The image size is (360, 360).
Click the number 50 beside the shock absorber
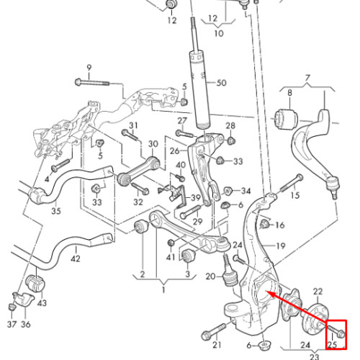pyautogui.click(x=221, y=83)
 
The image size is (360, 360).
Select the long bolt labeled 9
pyautogui.click(x=92, y=82)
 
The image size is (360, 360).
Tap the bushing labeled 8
pyautogui.click(x=287, y=119)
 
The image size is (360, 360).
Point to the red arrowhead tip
pyautogui.click(x=267, y=292)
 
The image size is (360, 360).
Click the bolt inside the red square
pyautogui.click(x=336, y=330)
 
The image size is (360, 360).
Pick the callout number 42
pyautogui.click(x=76, y=258)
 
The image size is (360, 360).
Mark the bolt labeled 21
pyautogui.click(x=215, y=331)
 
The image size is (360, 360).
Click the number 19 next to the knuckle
pyautogui.click(x=281, y=246)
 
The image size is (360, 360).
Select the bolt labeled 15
pyautogui.click(x=291, y=184)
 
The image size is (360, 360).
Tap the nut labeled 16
pyautogui.click(x=264, y=224)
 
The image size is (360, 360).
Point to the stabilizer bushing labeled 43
pyautogui.click(x=35, y=284)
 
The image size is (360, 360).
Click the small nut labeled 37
pyautogui.click(x=12, y=307)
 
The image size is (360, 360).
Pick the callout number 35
pyautogui.click(x=56, y=211)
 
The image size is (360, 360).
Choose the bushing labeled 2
pyautogui.click(x=141, y=226)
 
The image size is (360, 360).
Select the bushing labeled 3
pyautogui.click(x=189, y=256)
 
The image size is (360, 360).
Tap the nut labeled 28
pyautogui.click(x=231, y=140)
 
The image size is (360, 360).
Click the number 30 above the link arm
pyautogui.click(x=153, y=144)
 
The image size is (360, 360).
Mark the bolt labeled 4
pyautogui.click(x=61, y=165)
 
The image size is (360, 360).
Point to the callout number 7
pyautogui.click(x=307, y=78)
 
